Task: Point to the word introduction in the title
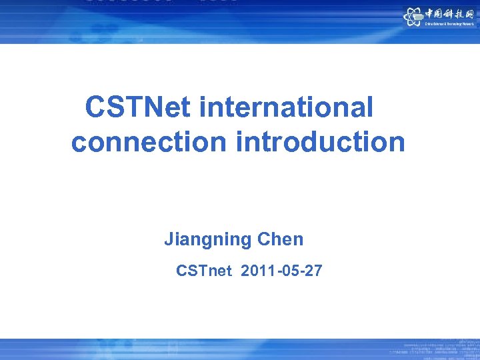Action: pyautogui.click(x=320, y=141)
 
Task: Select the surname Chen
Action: pyautogui.click(x=280, y=240)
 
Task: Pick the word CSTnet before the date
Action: pyautogui.click(x=204, y=271)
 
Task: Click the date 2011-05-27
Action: pyautogui.click(x=281, y=271)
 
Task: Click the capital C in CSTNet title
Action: pyautogui.click(x=95, y=107)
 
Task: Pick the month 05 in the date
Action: pyautogui.click(x=287, y=271)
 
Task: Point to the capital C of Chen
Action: pyautogui.click(x=263, y=240)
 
